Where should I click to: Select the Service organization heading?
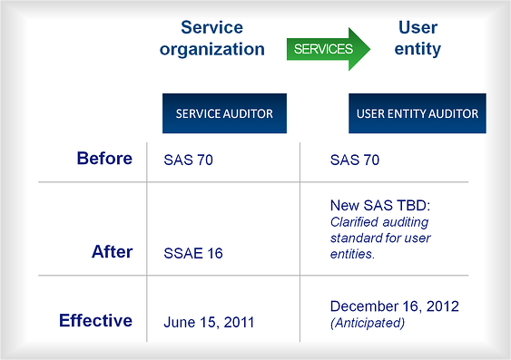212,38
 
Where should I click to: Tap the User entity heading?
418,38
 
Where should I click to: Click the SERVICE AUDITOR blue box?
224,114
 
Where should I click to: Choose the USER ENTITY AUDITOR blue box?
414,114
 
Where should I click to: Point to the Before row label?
104,159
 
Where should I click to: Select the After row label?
112,252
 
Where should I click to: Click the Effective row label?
95,320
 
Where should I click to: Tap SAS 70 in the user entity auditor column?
355,160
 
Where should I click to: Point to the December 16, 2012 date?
394,306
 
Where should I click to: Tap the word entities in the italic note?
353,255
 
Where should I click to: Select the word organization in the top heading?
212,49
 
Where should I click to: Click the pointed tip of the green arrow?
369,49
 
